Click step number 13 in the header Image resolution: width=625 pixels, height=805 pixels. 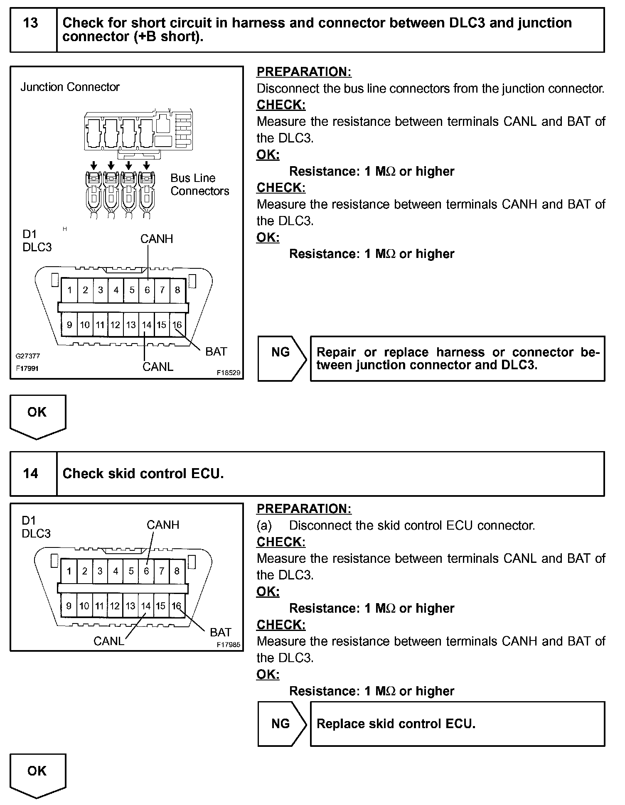[31, 23]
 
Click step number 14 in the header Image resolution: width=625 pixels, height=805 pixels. [31, 473]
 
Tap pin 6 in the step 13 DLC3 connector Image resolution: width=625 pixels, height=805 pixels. [147, 290]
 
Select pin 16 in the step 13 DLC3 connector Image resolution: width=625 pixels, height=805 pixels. [177, 325]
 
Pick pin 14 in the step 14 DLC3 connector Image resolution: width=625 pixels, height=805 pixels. [146, 606]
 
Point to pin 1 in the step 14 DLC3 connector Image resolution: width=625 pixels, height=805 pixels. [69, 571]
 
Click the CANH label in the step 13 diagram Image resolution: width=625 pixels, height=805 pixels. [156, 239]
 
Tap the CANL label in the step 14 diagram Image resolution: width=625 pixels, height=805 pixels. [108, 641]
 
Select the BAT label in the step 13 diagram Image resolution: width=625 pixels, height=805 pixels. [216, 351]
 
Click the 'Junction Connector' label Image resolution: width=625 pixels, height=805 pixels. [70, 87]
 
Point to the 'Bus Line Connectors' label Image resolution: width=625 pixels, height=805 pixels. [199, 184]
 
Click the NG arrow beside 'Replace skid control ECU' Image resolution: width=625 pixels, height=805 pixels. [281, 724]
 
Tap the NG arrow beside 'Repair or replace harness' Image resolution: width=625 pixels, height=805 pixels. [281, 352]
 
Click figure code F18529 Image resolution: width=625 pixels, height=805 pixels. [228, 373]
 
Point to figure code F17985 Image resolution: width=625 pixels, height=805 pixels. [228, 645]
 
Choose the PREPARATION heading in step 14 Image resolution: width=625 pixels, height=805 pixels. [304, 508]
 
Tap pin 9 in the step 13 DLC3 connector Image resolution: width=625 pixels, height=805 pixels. [69, 325]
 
